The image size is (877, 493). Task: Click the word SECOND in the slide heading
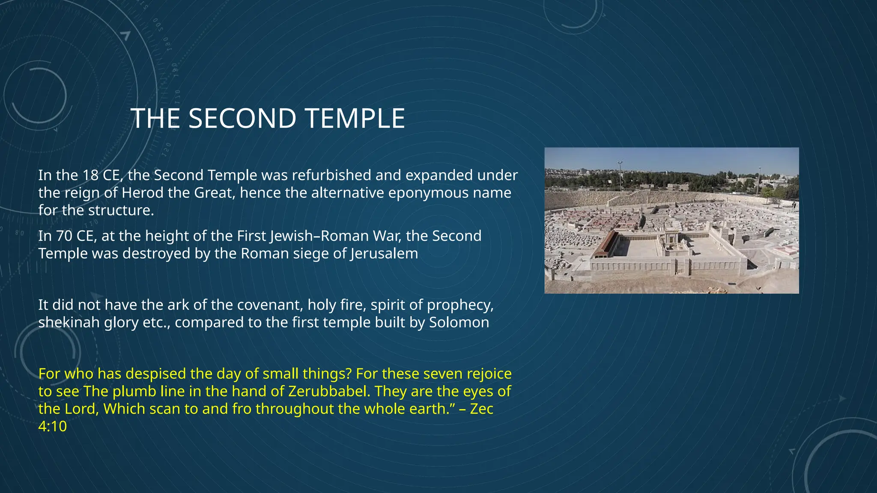pos(242,119)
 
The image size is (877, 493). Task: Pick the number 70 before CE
pos(64,236)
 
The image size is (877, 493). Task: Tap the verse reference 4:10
pos(52,426)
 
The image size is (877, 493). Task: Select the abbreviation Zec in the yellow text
pos(482,409)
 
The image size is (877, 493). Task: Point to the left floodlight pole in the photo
pos(620,175)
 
